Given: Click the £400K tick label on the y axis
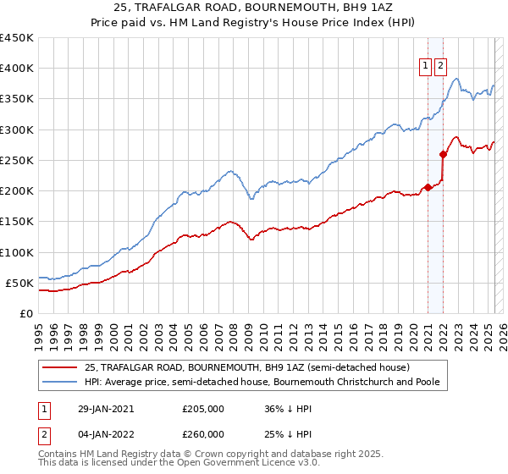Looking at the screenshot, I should click(16, 69).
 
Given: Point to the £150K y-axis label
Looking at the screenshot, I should click(16, 222).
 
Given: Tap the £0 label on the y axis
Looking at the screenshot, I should click(25, 313).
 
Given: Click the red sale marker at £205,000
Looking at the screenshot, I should click(428, 187).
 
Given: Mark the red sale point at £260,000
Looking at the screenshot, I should click(443, 154).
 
